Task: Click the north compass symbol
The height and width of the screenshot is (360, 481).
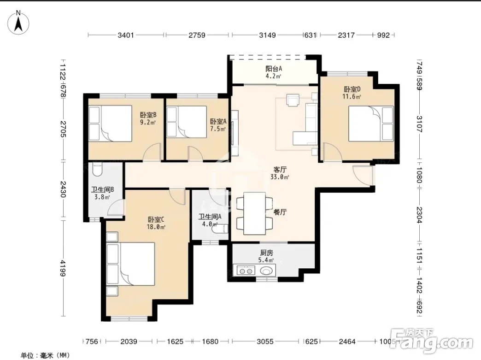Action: point(18,23)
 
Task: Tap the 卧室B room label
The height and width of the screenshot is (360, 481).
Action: point(148,115)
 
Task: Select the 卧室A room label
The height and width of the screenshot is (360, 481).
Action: point(218,122)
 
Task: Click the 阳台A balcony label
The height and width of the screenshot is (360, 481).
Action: point(274,68)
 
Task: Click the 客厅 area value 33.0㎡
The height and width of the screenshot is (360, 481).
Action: point(280,177)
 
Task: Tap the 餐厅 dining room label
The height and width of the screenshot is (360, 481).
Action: point(280,212)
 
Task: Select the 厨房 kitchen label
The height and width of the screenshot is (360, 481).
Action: point(266,253)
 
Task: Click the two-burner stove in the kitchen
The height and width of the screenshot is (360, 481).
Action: point(246,271)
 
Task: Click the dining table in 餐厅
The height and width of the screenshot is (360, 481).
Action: point(255,213)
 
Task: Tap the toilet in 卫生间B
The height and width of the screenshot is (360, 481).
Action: point(97,170)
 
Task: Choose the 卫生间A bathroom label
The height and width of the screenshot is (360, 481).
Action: point(210,217)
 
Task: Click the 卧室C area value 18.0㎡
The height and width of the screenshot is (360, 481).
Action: point(156,227)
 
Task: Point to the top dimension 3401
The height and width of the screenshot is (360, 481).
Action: point(126,35)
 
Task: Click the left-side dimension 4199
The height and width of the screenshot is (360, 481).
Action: point(63,268)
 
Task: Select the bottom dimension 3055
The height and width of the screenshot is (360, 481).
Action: point(265,341)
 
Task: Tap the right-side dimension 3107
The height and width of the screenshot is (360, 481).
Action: point(419,124)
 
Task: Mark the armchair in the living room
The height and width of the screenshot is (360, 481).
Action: point(293,100)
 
